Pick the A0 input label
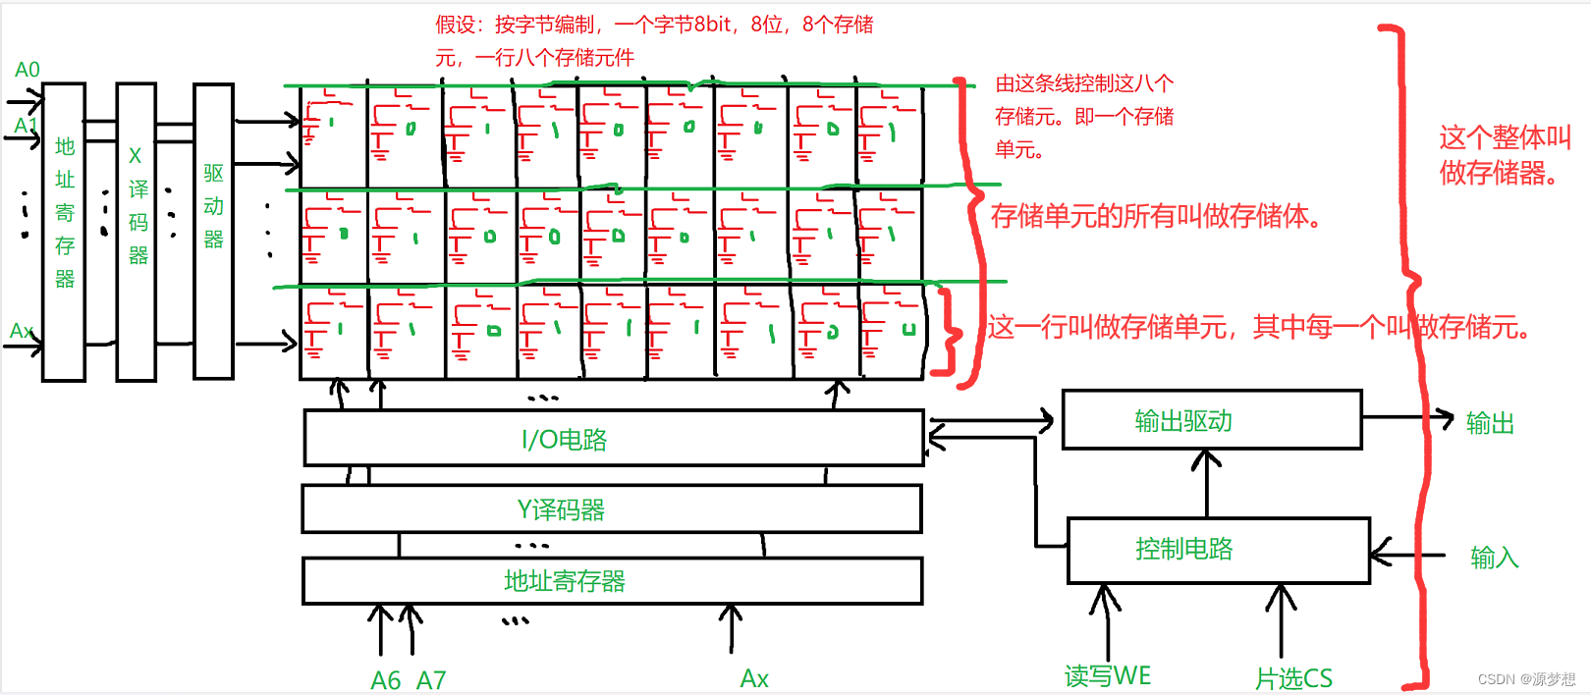point(27,70)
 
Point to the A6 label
point(385,680)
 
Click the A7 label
point(431,680)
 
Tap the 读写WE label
point(1107,676)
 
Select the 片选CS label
point(1293,678)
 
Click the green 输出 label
point(1490,423)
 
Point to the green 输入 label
point(1494,558)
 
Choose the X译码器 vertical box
point(137,232)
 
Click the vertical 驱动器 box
point(213,232)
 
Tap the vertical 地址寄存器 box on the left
point(64,232)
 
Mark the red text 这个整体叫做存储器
point(1504,155)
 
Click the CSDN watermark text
point(1525,679)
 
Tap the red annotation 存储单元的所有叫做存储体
point(1155,216)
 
